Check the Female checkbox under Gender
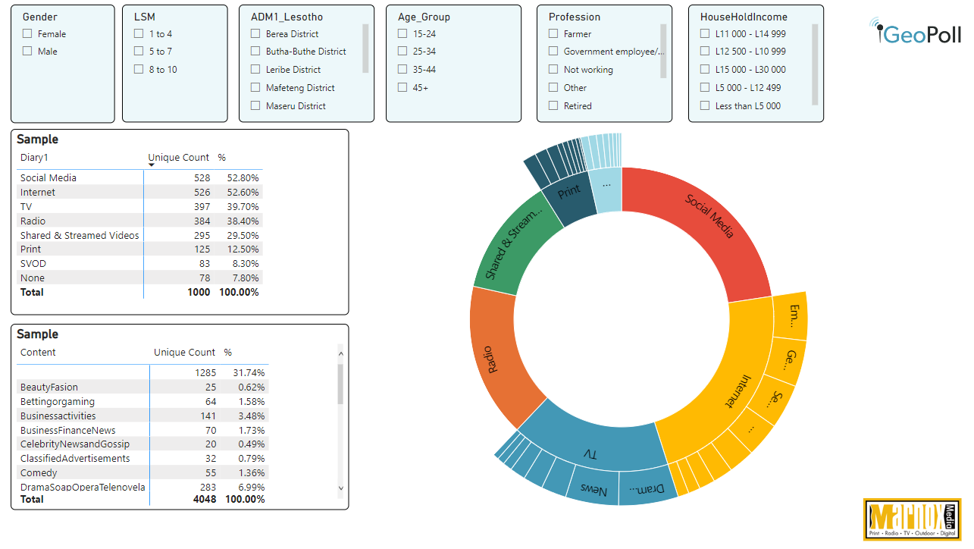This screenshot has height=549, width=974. click(27, 33)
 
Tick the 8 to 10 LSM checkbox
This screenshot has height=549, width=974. click(139, 69)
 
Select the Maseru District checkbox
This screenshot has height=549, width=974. click(255, 105)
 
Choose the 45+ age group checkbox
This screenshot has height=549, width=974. click(402, 87)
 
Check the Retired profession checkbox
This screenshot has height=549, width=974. click(553, 105)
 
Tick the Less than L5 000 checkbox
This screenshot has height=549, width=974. click(705, 105)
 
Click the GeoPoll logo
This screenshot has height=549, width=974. click(915, 33)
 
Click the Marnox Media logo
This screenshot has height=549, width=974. click(912, 519)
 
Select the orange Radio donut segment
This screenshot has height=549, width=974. click(493, 356)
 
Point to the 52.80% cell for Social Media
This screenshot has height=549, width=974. click(243, 177)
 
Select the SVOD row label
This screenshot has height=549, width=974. click(33, 263)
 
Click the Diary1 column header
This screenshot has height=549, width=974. click(34, 158)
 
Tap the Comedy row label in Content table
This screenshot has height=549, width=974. click(39, 472)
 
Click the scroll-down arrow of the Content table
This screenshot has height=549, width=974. click(340, 488)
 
